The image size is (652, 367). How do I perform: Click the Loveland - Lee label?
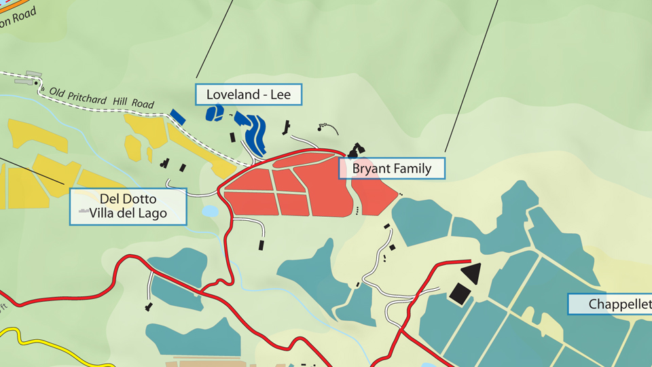pos(248,94)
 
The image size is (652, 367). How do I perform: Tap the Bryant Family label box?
pos(392,169)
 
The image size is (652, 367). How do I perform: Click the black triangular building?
pos(471,274)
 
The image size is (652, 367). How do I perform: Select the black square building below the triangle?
pos(460,294)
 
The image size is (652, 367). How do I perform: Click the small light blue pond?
pos(211,211)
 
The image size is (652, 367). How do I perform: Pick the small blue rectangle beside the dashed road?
pos(177,116)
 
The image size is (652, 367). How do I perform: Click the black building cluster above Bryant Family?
pos(356,150)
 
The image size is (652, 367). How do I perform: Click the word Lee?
pos(280,94)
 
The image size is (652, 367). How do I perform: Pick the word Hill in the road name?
pos(122,102)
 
